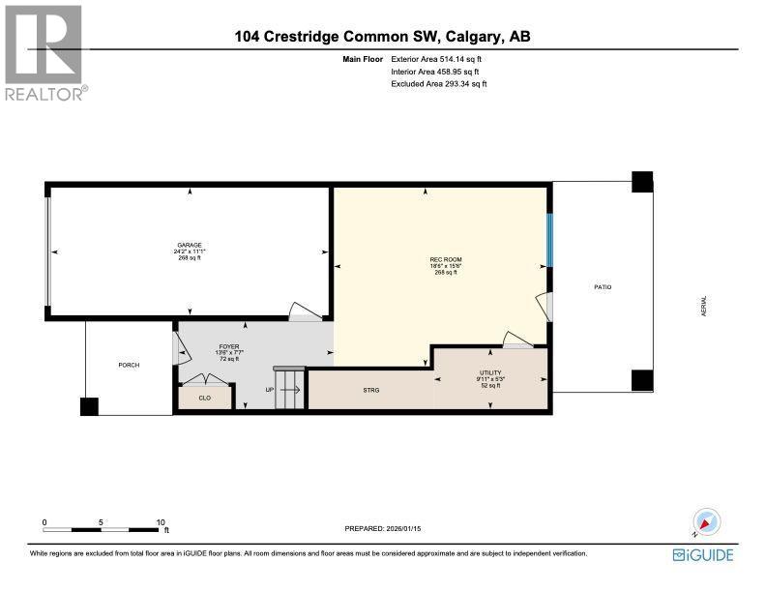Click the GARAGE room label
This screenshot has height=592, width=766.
[x=189, y=246]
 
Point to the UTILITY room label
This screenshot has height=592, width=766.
[x=490, y=372]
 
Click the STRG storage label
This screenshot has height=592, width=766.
[x=370, y=390]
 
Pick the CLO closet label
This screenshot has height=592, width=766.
[x=204, y=397]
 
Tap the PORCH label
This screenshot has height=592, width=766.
[x=129, y=365]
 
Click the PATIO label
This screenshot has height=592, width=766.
[x=603, y=287]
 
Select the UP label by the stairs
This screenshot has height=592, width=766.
[x=272, y=391]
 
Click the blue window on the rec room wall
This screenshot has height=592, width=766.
[x=550, y=239]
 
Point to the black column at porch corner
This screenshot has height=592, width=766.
[x=89, y=407]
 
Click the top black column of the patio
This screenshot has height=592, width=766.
[x=642, y=182]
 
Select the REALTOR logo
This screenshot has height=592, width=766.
[x=44, y=50]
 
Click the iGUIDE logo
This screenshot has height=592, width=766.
[x=703, y=554]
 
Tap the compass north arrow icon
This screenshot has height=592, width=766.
[x=707, y=522]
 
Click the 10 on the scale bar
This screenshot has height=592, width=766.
[x=161, y=522]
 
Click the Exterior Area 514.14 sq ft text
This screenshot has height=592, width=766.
[x=436, y=60]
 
